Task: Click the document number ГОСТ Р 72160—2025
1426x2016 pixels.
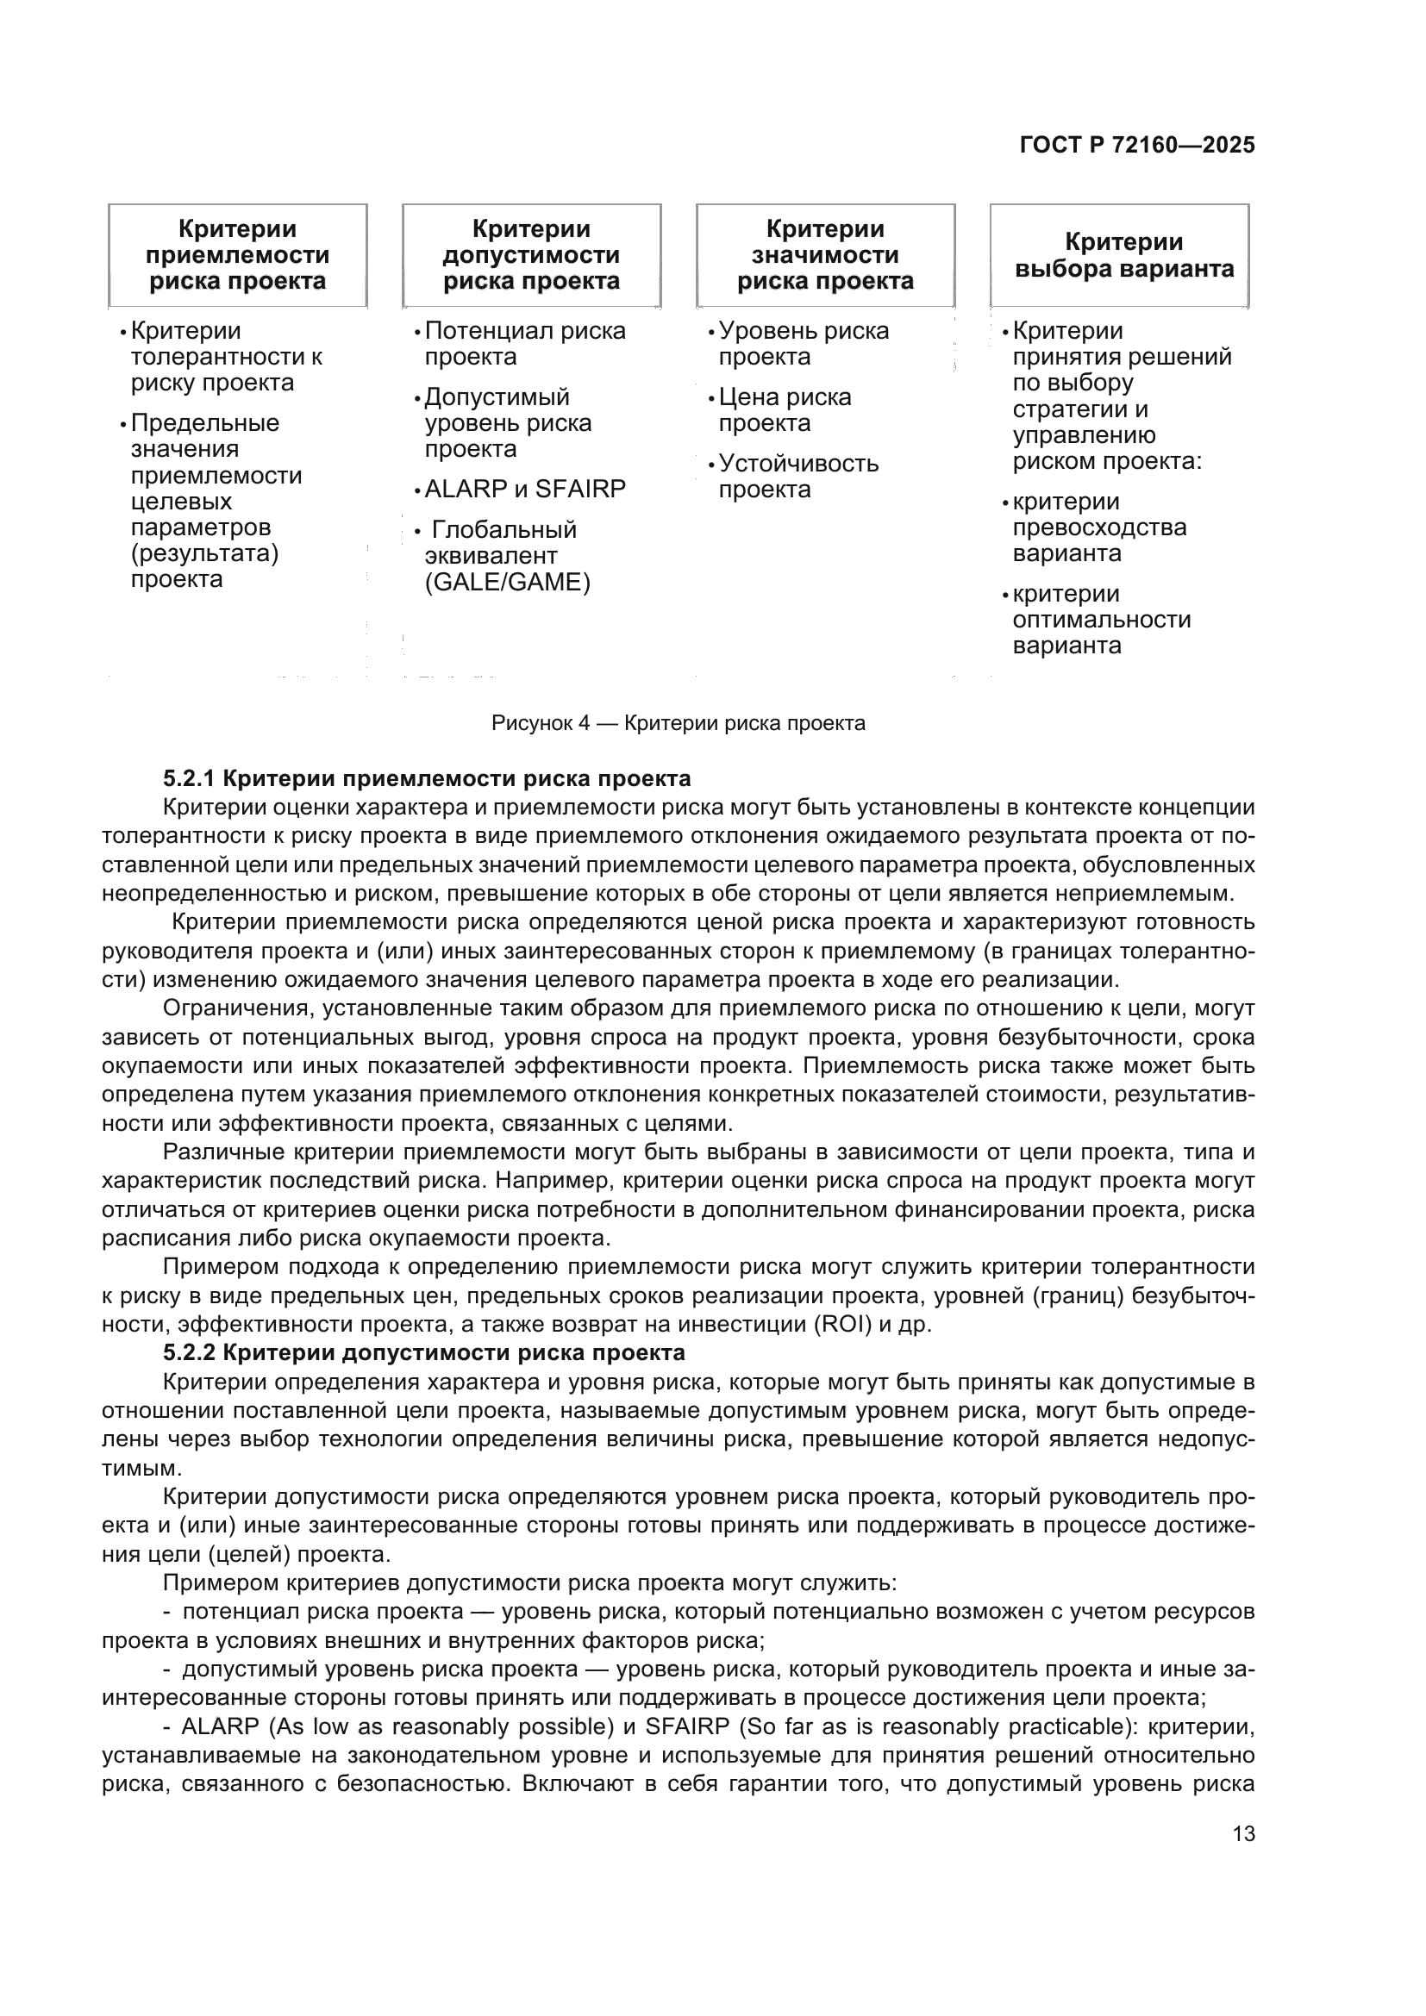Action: coord(1137,146)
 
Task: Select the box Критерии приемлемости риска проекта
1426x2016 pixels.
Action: coord(237,255)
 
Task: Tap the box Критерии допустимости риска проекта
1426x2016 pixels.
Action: coord(531,255)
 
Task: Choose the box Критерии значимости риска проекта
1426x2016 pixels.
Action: coord(825,255)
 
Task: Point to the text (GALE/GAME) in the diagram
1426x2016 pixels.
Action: coord(508,582)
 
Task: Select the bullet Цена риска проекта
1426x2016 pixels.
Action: coord(784,410)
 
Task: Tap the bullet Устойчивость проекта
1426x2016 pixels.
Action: coord(797,476)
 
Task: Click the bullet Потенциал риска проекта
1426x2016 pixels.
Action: coord(524,344)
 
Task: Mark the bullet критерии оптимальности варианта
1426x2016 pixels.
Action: coord(1101,620)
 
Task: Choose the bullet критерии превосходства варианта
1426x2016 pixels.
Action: coord(1098,527)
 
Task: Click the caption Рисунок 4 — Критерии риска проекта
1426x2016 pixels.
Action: coord(678,723)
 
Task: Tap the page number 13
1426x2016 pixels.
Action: coord(1243,1833)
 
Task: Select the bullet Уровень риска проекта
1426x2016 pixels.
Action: coord(803,344)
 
